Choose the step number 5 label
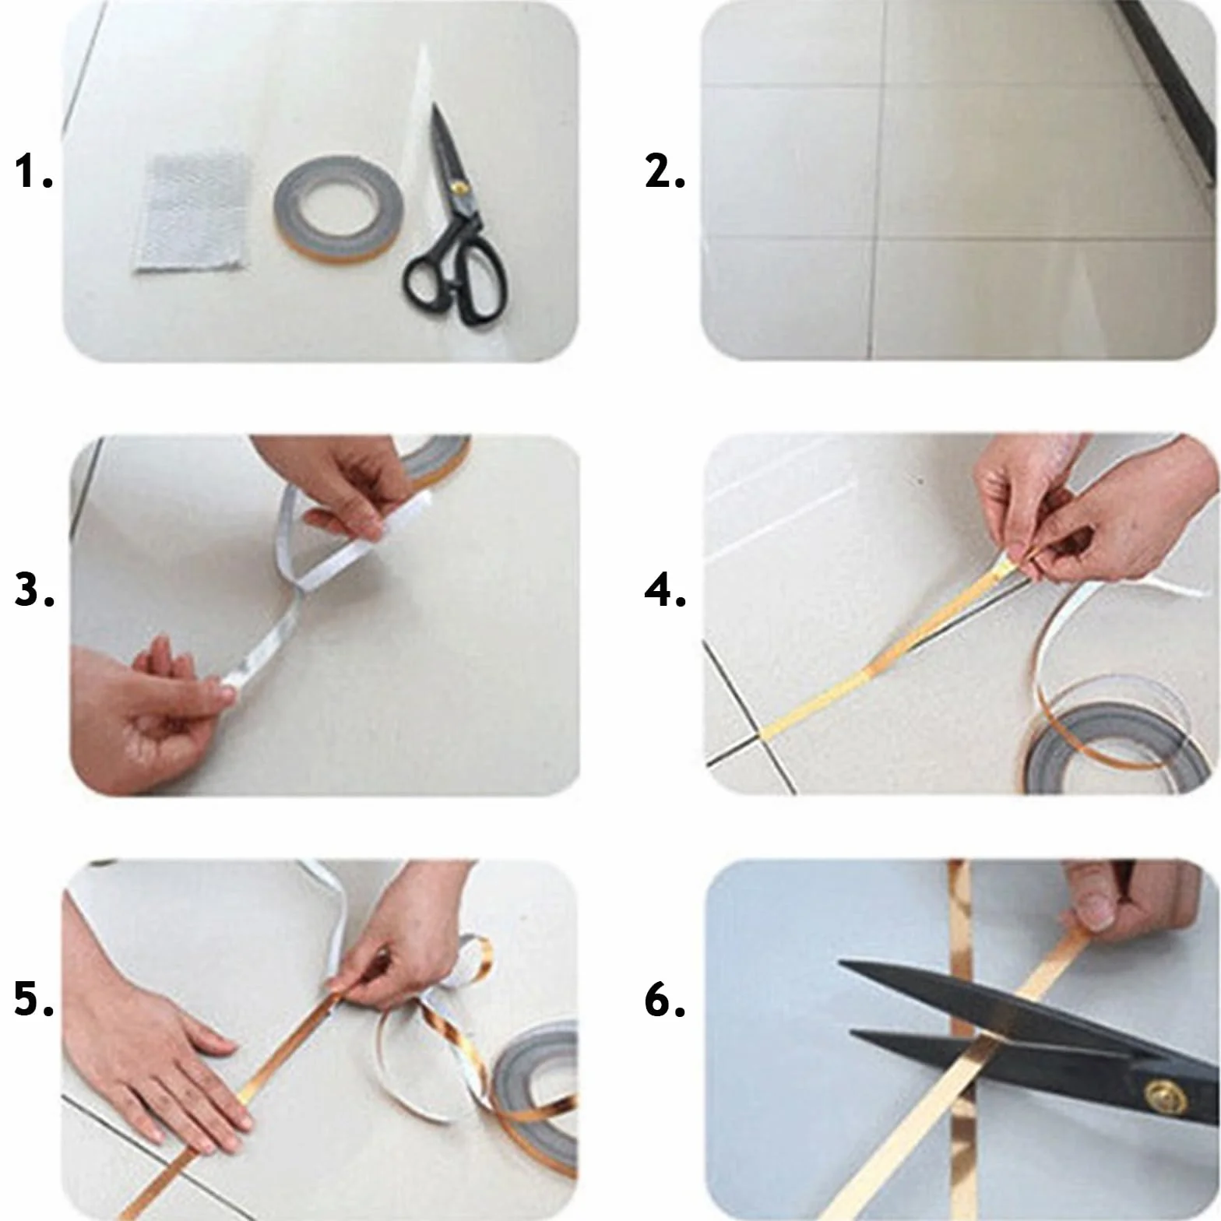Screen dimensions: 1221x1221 click(x=34, y=1000)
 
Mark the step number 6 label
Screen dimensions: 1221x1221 click(x=665, y=1000)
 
